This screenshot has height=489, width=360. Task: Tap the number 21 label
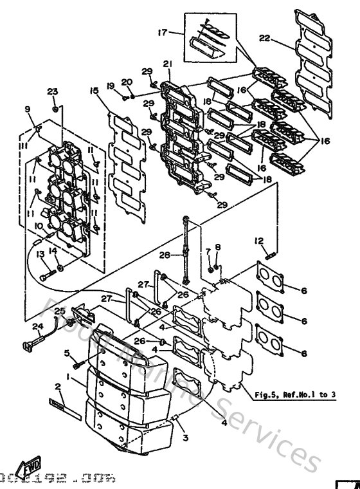point(168,63)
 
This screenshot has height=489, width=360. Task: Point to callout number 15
point(94,91)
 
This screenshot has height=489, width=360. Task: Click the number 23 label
point(52,91)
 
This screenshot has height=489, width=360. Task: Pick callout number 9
point(27,109)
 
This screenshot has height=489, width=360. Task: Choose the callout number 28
point(165,255)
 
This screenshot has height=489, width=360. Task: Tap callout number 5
point(66,353)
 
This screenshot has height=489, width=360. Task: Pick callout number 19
point(110,86)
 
